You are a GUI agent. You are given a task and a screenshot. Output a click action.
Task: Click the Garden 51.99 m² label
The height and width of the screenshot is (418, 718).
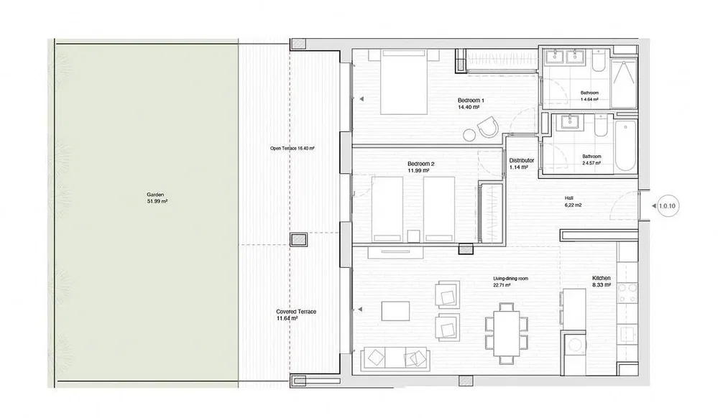tap(157, 198)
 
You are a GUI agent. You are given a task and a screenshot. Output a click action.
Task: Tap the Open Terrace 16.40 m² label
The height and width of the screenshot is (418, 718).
tap(292, 149)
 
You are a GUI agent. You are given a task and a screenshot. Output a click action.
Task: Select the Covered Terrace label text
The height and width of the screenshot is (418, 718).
tap(296, 312)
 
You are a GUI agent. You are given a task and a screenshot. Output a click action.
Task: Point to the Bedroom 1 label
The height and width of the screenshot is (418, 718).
tap(471, 101)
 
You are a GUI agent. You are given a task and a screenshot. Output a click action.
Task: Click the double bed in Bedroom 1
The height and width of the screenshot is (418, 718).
tap(404, 83)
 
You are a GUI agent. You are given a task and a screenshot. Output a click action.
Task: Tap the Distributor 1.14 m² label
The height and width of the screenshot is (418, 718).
tap(521, 164)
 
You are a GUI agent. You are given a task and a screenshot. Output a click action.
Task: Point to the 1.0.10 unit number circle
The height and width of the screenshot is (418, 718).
tap(667, 206)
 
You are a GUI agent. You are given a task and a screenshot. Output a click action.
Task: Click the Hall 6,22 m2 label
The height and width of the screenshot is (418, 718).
tap(572, 201)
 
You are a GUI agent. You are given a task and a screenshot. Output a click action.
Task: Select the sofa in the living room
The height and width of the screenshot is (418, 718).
tap(395, 359)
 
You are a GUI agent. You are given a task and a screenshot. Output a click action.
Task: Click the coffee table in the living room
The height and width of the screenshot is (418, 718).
tap(395, 311)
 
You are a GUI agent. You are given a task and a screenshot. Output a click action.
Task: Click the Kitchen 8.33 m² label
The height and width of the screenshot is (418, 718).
tap(602, 281)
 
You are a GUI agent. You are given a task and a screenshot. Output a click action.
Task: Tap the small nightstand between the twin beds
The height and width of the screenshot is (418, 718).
tap(413, 236)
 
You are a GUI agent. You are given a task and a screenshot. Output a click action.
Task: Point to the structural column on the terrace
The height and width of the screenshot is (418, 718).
tap(298, 239)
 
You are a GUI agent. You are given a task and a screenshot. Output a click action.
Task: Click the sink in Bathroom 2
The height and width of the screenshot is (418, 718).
tap(570, 122)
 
